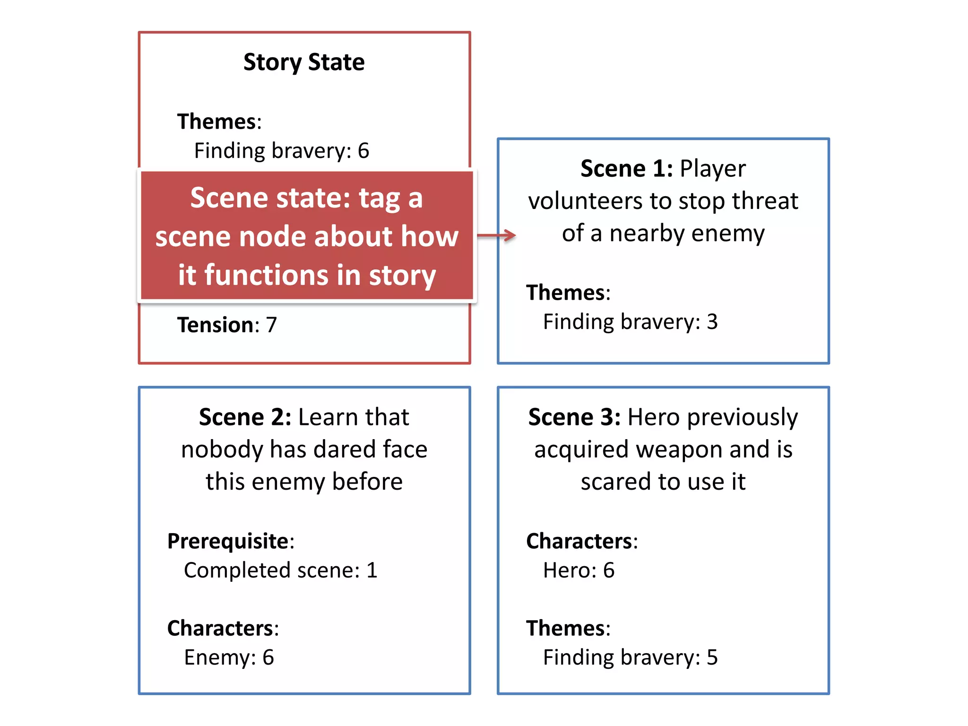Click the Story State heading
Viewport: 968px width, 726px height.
tap(304, 62)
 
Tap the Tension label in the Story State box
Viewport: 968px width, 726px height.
tap(215, 325)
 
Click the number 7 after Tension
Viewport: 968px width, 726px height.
tap(271, 325)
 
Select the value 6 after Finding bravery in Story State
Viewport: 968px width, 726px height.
tap(363, 151)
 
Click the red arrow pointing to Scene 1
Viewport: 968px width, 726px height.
tap(496, 235)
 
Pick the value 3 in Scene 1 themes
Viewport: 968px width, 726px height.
tap(712, 322)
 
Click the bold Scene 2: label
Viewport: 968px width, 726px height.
tap(245, 417)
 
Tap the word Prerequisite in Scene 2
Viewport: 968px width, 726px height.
tap(228, 541)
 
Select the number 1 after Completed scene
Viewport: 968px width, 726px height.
tap(372, 570)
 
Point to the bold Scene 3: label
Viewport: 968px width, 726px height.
tap(574, 417)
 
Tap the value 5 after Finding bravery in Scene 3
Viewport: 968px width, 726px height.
tap(712, 657)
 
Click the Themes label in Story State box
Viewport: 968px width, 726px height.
tap(216, 122)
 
